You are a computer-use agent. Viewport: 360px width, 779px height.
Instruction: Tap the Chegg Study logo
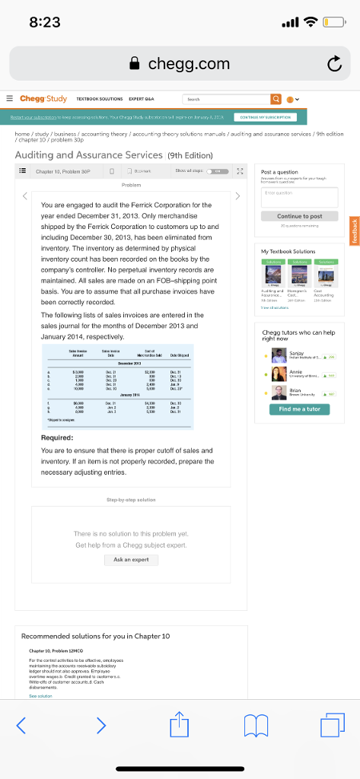(43, 99)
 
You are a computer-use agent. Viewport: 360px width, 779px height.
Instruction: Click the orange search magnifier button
(276, 99)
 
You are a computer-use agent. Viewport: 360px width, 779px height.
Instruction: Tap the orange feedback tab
(352, 231)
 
